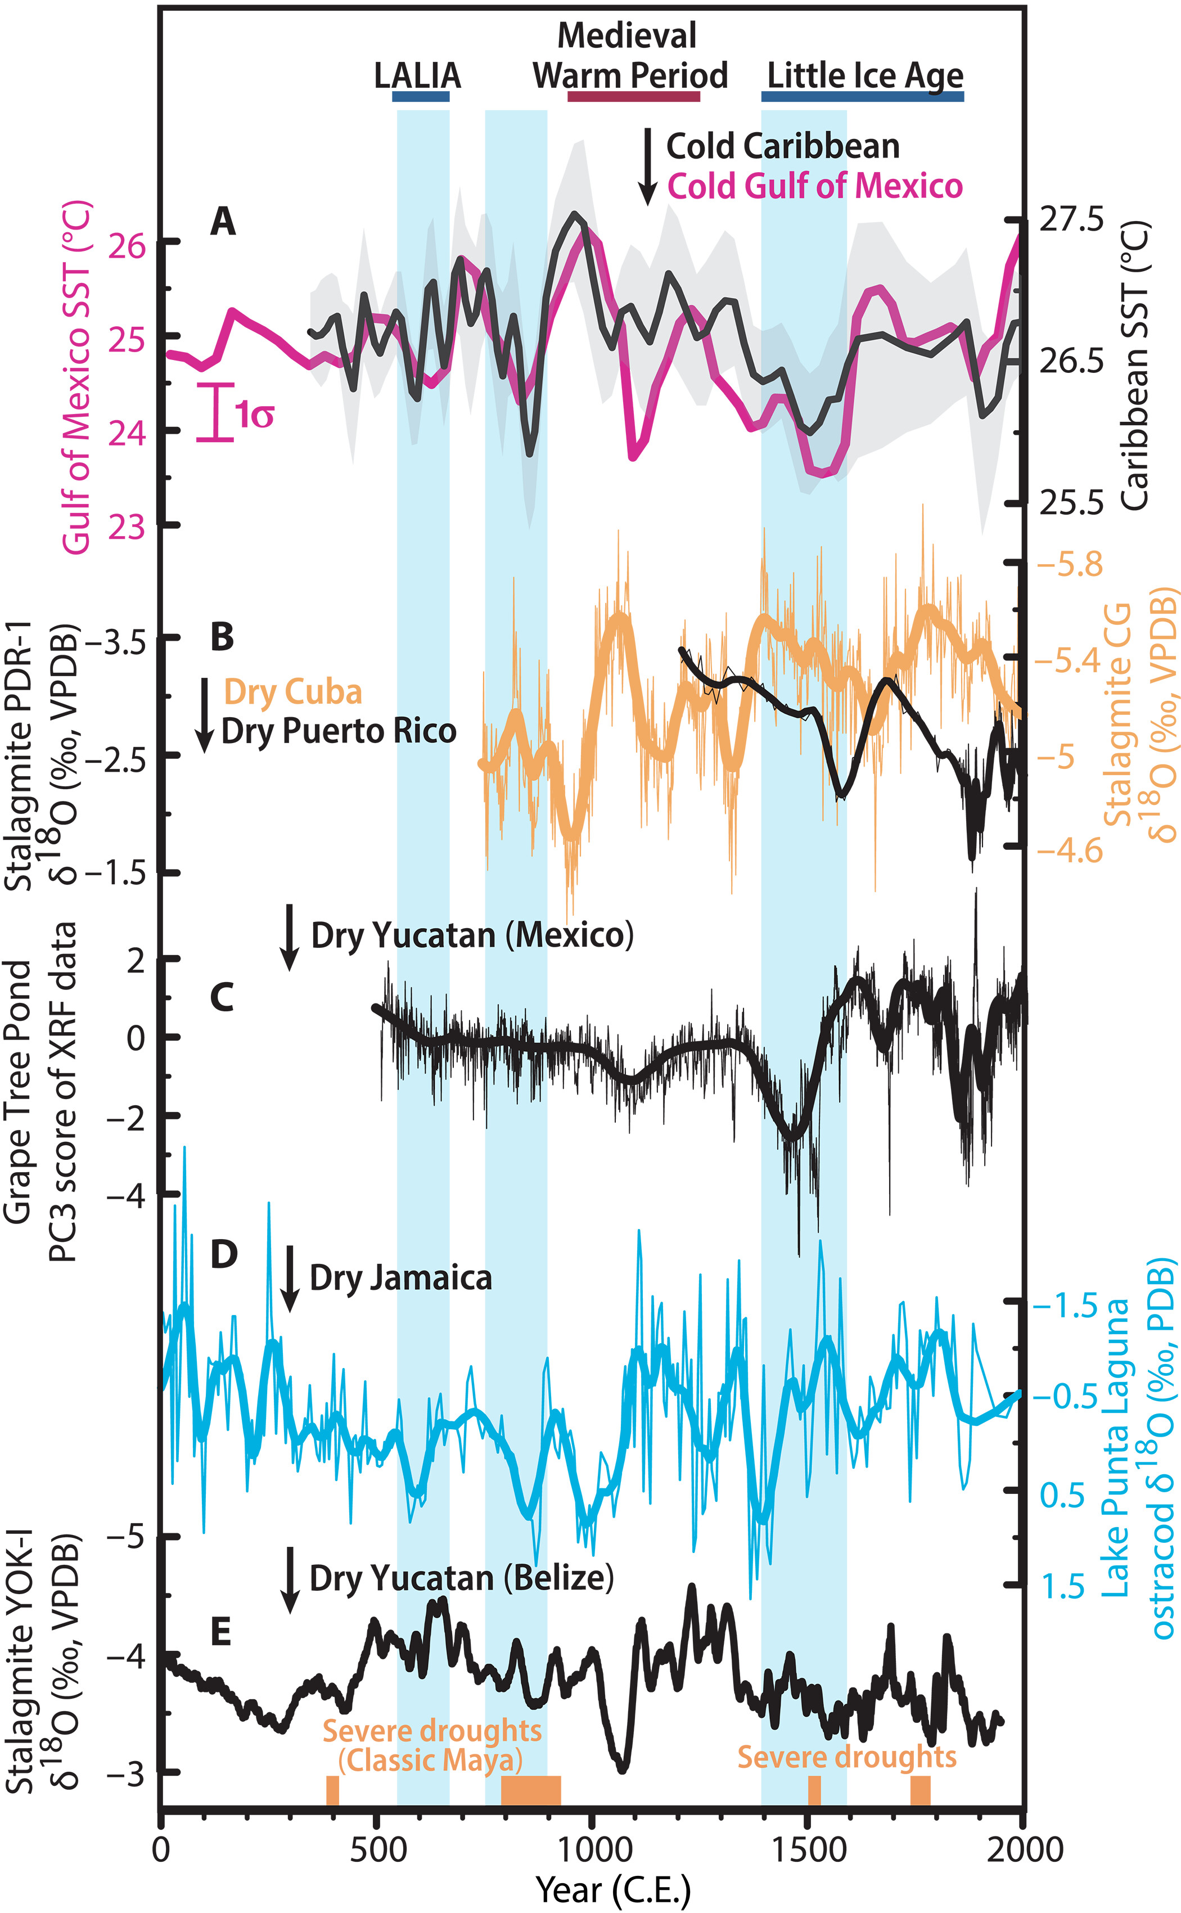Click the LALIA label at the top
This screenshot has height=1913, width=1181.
(417, 76)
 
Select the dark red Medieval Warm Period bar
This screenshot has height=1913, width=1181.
(633, 96)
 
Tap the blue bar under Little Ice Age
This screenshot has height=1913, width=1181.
(862, 96)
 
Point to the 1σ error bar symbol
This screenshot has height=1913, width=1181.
(215, 412)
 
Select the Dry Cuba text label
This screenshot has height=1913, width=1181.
(293, 692)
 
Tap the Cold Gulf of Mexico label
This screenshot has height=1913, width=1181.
(815, 187)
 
